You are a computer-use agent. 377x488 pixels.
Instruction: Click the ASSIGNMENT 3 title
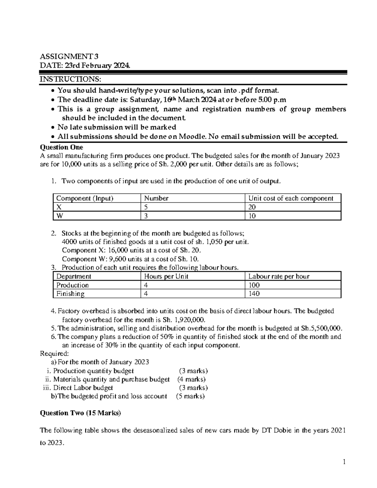[x=69, y=57]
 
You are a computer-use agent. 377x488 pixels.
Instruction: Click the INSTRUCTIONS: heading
[x=70, y=79]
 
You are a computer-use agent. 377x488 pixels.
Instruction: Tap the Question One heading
[x=62, y=147]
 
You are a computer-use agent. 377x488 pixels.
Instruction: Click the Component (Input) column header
[x=85, y=198]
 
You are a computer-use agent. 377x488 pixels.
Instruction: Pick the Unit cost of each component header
[x=291, y=198]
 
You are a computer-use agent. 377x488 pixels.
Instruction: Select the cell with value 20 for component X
[x=252, y=207]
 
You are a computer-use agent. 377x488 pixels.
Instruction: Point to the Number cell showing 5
[x=146, y=207]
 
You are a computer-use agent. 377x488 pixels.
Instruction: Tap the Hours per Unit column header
[x=166, y=276]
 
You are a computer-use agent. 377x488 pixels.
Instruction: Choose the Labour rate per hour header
[x=279, y=276]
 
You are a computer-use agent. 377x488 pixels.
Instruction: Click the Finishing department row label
[x=70, y=294]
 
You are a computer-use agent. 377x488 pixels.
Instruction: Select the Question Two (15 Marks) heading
[x=80, y=413]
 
